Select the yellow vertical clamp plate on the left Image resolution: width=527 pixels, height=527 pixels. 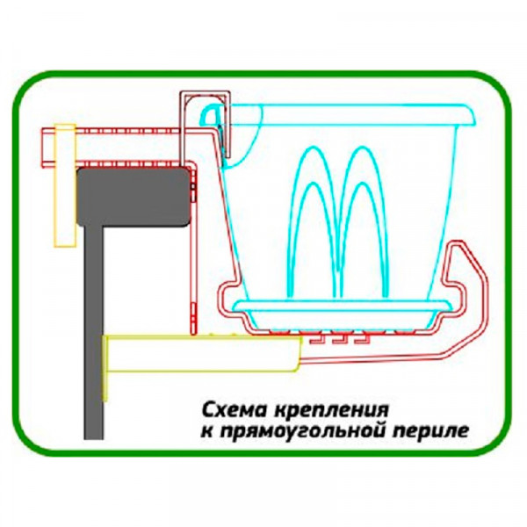[63, 184]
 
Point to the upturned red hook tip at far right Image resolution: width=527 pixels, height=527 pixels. [458, 250]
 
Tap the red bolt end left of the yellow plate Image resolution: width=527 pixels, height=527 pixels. [46, 148]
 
